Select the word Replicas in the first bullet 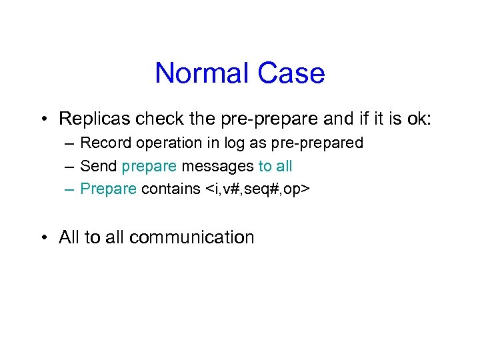pyautogui.click(x=94, y=119)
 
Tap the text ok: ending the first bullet pyautogui.click(x=417, y=119)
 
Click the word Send pyautogui.click(x=98, y=166)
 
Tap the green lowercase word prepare pyautogui.click(x=149, y=167)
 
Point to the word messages pyautogui.click(x=217, y=167)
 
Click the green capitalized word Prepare pyautogui.click(x=108, y=189)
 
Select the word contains pyautogui.click(x=169, y=189)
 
